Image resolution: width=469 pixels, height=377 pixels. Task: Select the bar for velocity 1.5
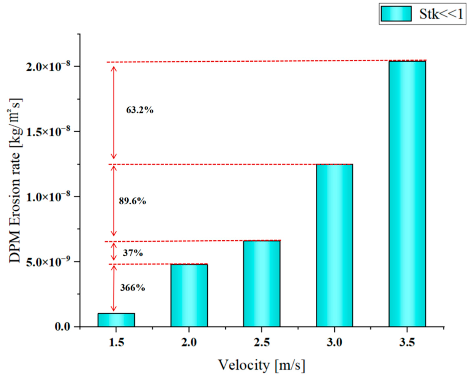click(x=116, y=320)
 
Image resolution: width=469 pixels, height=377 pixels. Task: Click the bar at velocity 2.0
click(x=189, y=295)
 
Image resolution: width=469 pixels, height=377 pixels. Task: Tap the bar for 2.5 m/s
click(x=262, y=283)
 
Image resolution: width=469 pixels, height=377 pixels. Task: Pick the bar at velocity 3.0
click(x=334, y=245)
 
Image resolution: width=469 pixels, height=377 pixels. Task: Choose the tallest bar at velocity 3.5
click(x=407, y=194)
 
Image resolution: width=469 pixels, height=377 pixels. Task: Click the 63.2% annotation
click(x=139, y=110)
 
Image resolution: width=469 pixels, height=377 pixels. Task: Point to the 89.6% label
click(x=132, y=201)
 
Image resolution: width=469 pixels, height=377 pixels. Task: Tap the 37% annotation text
click(x=133, y=253)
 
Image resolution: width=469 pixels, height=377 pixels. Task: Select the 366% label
click(x=132, y=288)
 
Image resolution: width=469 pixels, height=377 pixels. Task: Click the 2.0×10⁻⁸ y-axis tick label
click(x=48, y=66)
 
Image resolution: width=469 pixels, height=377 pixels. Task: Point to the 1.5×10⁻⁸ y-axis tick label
click(x=48, y=131)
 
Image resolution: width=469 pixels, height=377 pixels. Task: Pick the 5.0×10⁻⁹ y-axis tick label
click(x=48, y=262)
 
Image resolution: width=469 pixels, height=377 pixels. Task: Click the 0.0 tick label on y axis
click(x=62, y=327)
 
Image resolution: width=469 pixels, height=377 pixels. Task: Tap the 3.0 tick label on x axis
click(x=334, y=342)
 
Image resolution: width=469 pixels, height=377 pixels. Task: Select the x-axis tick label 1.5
click(x=116, y=342)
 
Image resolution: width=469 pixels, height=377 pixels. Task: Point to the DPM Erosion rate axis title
click(x=15, y=181)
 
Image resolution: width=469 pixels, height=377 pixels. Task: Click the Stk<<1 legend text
click(x=440, y=14)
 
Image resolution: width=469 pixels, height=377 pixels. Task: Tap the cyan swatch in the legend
click(x=396, y=14)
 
